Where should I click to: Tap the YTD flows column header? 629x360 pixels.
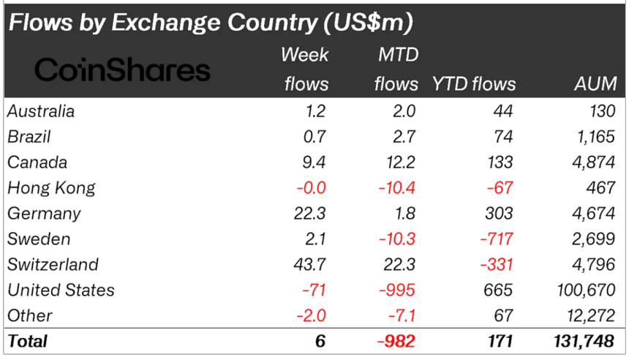point(474,83)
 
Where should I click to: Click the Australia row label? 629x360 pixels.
point(41,111)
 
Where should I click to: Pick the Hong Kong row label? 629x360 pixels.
point(51,188)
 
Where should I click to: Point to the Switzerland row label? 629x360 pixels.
point(53,264)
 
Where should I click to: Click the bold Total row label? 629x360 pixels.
point(27,340)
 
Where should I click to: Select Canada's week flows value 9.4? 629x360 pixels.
point(315,162)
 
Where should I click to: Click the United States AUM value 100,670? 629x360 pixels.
point(584,290)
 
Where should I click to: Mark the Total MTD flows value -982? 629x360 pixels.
point(396,340)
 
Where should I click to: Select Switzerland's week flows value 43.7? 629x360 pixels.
point(310,264)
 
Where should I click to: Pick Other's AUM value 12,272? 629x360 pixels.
point(590,315)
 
